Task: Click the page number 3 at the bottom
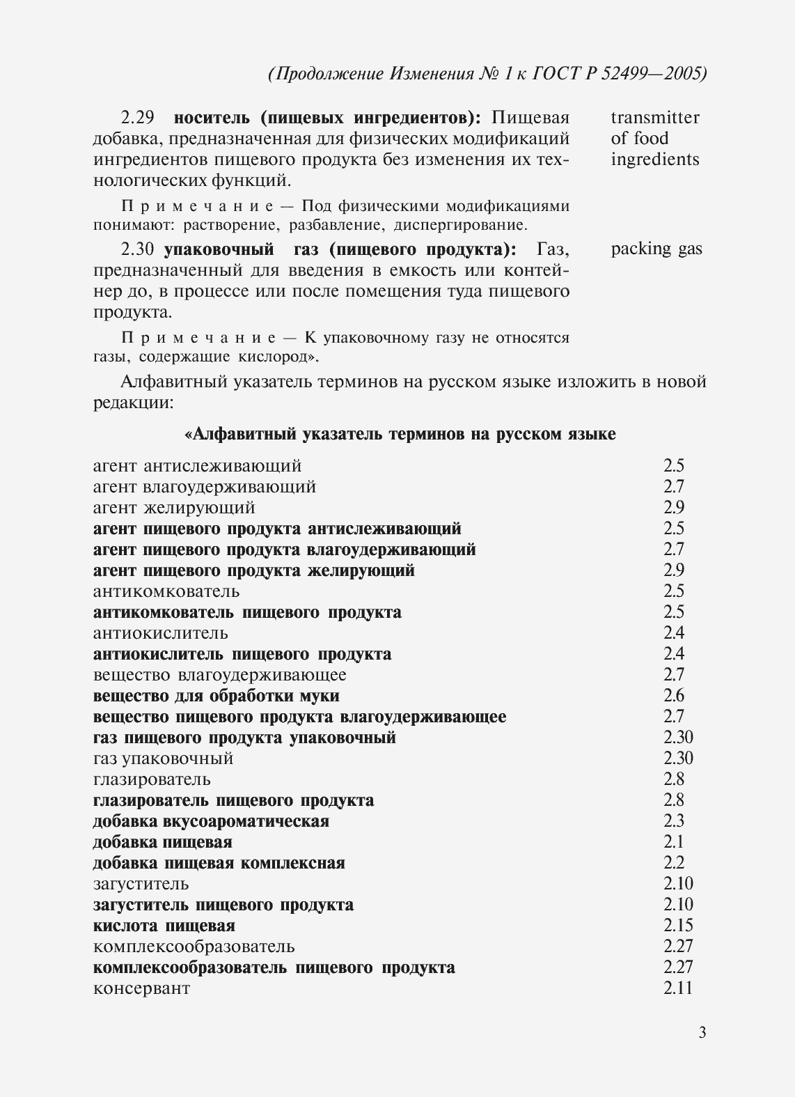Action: pyautogui.click(x=702, y=1032)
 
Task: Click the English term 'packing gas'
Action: pyautogui.click(x=656, y=249)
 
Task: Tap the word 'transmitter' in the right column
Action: pyautogui.click(x=655, y=117)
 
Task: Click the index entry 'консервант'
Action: pyautogui.click(x=141, y=988)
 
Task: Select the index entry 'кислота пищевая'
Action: pyautogui.click(x=164, y=926)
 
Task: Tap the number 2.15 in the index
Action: pyautogui.click(x=678, y=925)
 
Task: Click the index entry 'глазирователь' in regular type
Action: pyautogui.click(x=152, y=779)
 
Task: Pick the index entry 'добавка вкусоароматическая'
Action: pyautogui.click(x=211, y=821)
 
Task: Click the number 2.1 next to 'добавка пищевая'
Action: pyautogui.click(x=673, y=841)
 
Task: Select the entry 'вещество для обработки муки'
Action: pyautogui.click(x=217, y=696)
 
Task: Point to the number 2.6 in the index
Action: pyautogui.click(x=673, y=695)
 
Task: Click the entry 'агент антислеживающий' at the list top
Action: pyautogui.click(x=197, y=465)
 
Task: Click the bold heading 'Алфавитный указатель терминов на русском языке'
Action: pyautogui.click(x=400, y=435)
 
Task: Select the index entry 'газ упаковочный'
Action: pyautogui.click(x=163, y=758)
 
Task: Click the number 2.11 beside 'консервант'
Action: pyautogui.click(x=678, y=988)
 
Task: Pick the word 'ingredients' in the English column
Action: pyautogui.click(x=655, y=160)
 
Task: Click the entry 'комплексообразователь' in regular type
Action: pyautogui.click(x=194, y=947)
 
